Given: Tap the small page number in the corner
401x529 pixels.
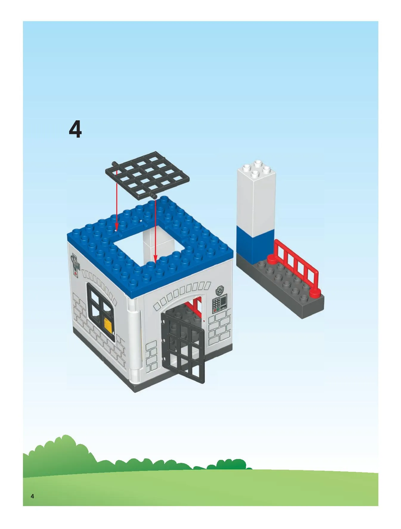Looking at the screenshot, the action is point(32,496).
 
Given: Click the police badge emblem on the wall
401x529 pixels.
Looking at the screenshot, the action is point(220,290).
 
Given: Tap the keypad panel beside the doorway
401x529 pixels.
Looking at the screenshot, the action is point(220,304).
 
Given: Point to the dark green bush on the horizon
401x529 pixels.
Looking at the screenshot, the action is point(230,464).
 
